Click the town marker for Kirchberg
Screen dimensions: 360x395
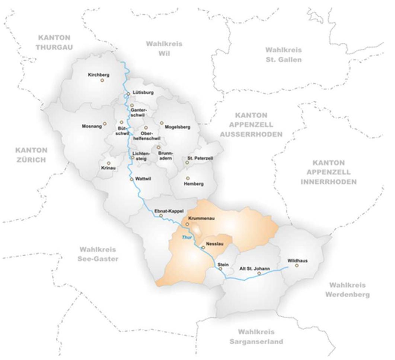pos(102,80)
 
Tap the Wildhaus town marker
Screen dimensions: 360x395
pos(297,266)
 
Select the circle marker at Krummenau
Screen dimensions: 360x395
pos(187,224)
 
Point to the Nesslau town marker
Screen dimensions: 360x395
pos(203,247)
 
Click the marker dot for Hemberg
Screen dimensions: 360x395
pos(188,178)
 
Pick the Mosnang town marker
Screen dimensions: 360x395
pos(105,123)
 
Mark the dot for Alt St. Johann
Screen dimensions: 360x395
pos(259,274)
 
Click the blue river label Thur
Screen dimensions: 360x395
pos(187,237)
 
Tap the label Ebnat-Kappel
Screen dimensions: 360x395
pos(169,211)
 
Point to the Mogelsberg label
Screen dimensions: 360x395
pos(177,127)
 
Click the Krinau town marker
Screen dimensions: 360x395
pos(109,163)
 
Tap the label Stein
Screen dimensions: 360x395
pos(223,264)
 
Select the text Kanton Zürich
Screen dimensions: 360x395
pos(31,155)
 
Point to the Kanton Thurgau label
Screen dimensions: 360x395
pos(54,42)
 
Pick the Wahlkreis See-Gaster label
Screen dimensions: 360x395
pos(99,254)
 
